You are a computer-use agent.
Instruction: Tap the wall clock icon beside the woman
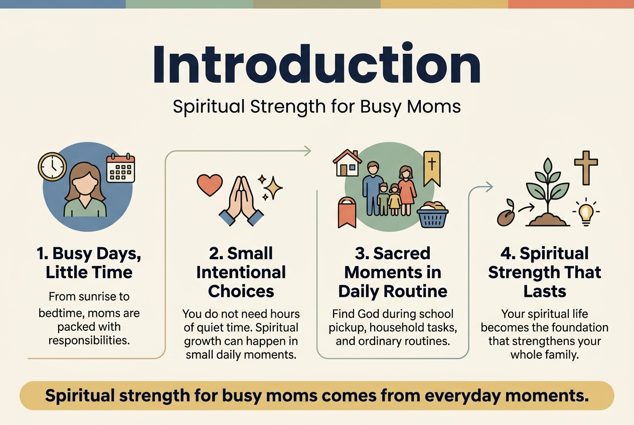(x=52, y=166)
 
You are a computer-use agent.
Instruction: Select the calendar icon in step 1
(x=120, y=168)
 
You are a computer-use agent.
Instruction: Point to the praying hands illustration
(x=241, y=201)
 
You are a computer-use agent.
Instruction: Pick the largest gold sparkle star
(x=273, y=188)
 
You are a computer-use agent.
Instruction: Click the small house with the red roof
(x=347, y=163)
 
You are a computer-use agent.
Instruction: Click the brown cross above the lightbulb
(x=586, y=168)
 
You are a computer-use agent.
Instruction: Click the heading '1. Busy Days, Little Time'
(x=89, y=263)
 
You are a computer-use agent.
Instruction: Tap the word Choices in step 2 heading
(x=241, y=291)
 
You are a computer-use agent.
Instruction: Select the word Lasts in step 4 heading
(x=545, y=291)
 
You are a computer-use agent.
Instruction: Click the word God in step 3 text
(x=369, y=314)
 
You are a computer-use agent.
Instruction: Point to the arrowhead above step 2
(x=307, y=151)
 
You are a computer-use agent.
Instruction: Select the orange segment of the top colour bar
(x=571, y=4)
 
